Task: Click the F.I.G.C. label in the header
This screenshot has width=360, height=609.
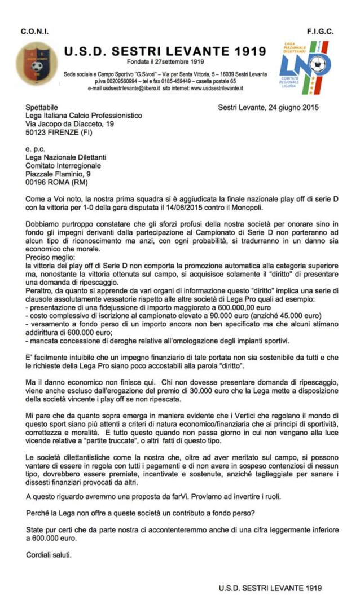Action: click(x=320, y=31)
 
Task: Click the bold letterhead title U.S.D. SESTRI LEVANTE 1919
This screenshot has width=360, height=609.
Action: click(x=165, y=52)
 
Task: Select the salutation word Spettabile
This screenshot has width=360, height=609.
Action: click(x=42, y=107)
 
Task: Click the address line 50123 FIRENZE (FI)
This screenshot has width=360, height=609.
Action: click(x=59, y=133)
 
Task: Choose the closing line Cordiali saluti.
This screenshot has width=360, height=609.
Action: click(x=49, y=554)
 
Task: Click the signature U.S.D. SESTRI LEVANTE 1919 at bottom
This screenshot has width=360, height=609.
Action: click(x=270, y=588)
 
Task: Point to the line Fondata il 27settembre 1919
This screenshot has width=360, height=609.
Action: click(x=165, y=62)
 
